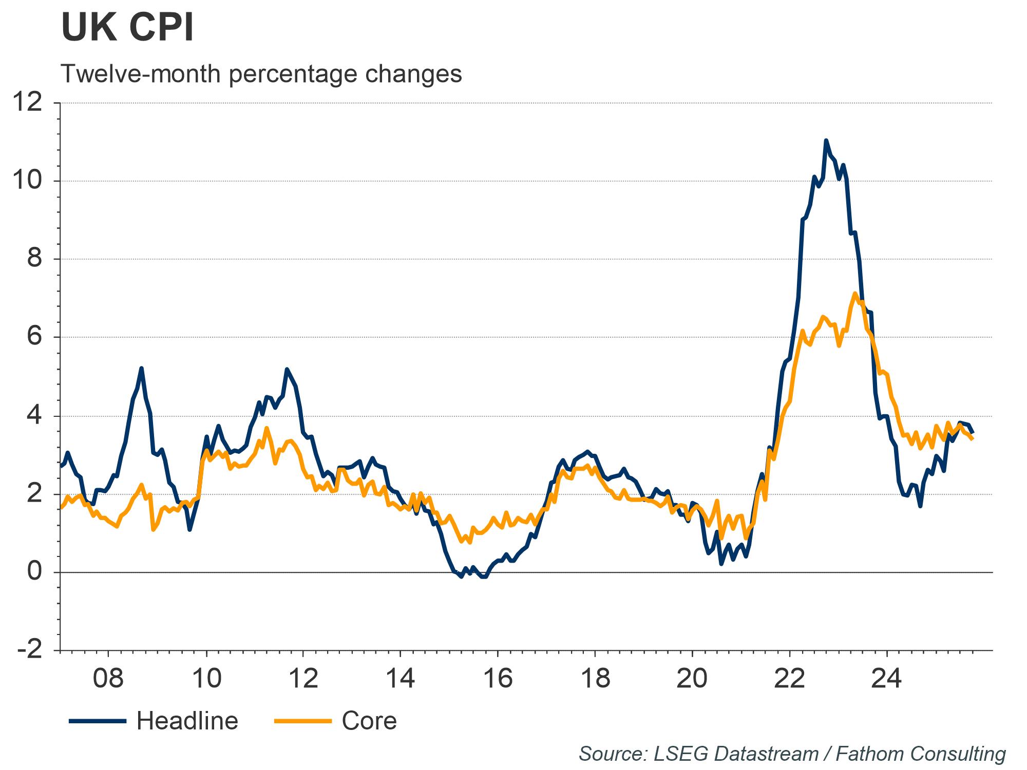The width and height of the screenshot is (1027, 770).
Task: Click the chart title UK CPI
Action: (127, 28)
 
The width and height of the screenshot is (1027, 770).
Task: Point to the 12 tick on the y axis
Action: (28, 103)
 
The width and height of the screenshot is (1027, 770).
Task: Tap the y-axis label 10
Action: (28, 181)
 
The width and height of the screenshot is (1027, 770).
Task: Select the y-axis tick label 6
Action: (35, 337)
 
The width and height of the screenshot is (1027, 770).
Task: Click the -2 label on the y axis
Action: (30, 650)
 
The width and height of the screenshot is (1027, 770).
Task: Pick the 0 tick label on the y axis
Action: (35, 571)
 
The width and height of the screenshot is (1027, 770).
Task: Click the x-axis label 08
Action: (108, 678)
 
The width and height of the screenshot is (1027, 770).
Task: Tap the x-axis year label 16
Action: (498, 678)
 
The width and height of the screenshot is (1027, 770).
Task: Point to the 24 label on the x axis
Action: (886, 678)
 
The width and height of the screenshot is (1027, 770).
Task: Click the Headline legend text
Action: (187, 721)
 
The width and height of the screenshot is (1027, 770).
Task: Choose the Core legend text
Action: (369, 721)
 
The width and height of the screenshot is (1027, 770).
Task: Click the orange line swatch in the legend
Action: (303, 721)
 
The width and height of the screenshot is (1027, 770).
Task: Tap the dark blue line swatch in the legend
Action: (98, 721)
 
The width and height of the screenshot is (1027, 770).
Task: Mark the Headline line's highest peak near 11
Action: (826, 140)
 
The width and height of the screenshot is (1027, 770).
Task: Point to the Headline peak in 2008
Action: (141, 368)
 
